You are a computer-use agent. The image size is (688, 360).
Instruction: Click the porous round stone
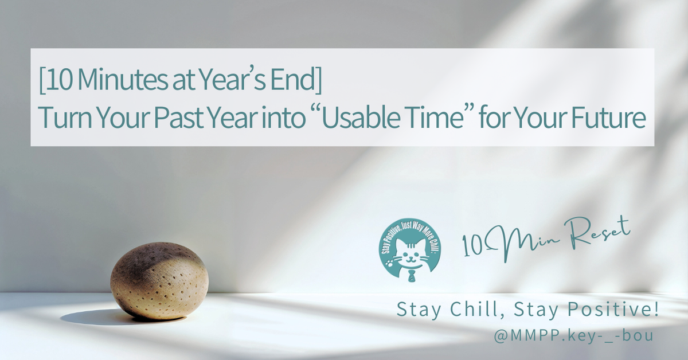(x=159, y=281)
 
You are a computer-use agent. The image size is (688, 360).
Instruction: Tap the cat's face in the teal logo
(x=411, y=255)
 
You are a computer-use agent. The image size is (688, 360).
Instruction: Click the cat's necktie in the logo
(x=411, y=276)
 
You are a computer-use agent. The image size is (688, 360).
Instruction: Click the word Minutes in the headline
(x=123, y=80)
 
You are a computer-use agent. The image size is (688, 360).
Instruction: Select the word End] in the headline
(x=296, y=80)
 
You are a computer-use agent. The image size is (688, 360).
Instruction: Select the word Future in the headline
(x=608, y=118)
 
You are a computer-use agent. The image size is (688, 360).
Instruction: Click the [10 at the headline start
(x=55, y=80)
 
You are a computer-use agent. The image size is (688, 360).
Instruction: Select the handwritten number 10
(x=472, y=246)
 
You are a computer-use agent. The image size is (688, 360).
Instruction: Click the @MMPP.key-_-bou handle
(x=573, y=336)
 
